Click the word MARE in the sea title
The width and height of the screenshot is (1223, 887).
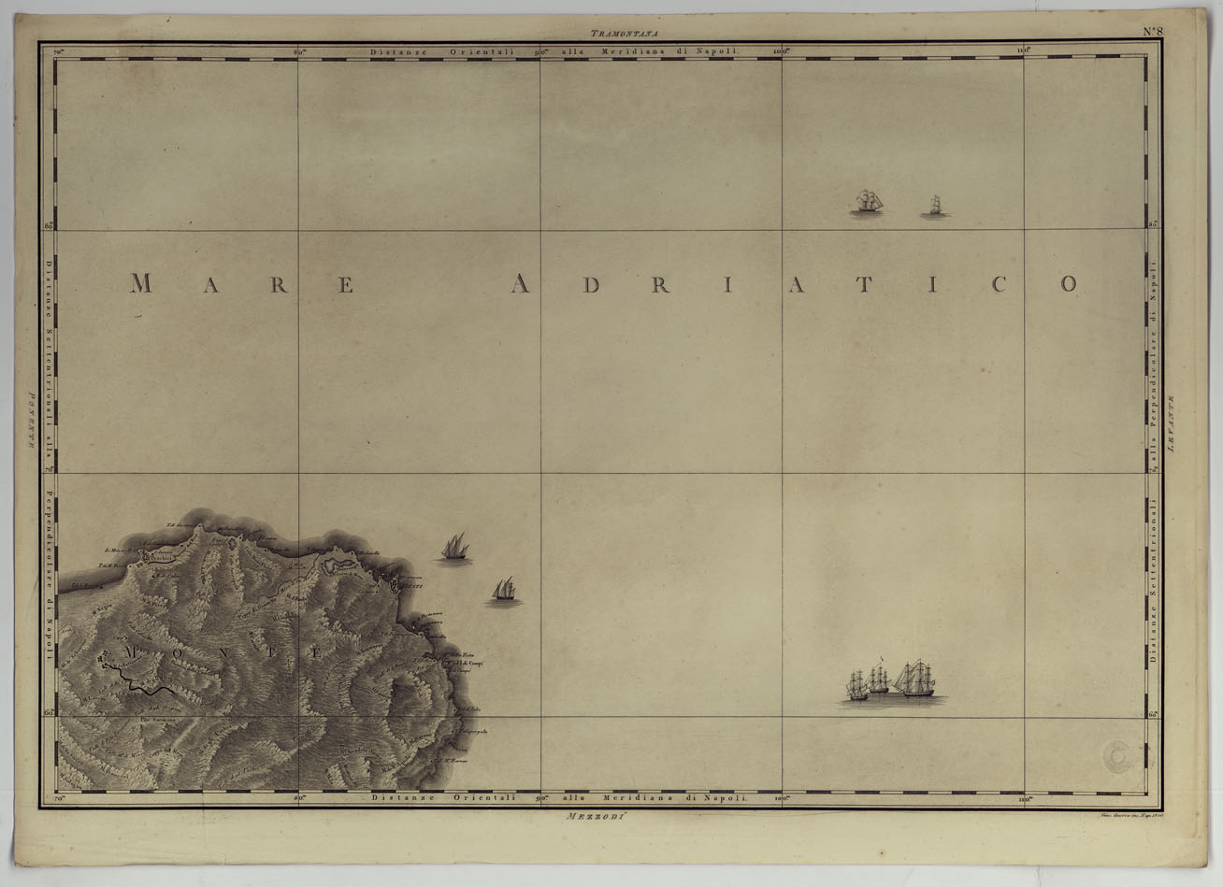click(x=243, y=284)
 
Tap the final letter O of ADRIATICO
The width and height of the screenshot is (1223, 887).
click(x=1069, y=284)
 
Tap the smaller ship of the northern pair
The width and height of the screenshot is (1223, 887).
click(x=934, y=207)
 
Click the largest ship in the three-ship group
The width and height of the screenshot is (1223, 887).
click(x=914, y=680)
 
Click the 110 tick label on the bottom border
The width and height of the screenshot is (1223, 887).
click(x=1027, y=799)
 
